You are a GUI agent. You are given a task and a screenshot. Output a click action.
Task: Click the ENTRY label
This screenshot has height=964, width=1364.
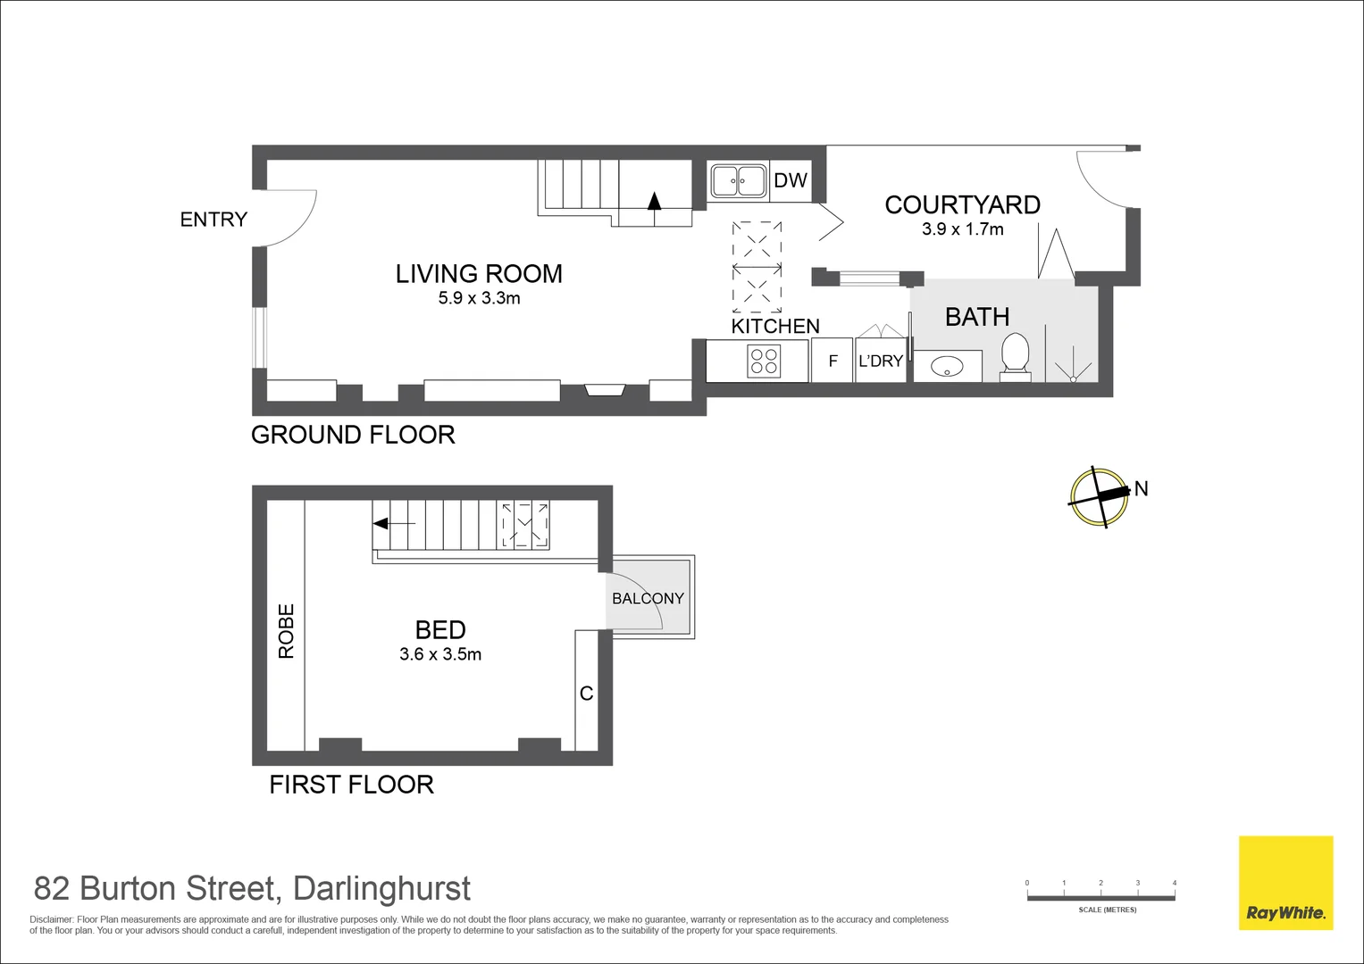point(213,220)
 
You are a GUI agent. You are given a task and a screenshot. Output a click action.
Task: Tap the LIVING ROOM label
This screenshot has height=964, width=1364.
point(479,274)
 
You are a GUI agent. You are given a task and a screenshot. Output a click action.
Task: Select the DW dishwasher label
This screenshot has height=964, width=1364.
point(791,180)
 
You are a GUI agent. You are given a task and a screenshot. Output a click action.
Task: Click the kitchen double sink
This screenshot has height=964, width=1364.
point(738,180)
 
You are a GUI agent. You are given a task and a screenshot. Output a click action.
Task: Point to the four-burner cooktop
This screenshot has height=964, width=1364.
point(765,361)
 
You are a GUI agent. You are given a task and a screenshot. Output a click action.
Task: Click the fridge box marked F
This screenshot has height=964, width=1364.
point(833,361)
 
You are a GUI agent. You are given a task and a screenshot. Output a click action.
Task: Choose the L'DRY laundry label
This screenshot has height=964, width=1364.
point(881,361)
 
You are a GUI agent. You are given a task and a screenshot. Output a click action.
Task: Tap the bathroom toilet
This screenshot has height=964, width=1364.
point(1015,355)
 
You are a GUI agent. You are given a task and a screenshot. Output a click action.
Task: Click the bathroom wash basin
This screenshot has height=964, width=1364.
point(946,365)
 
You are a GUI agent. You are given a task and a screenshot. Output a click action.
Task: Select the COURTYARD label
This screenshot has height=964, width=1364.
point(962,205)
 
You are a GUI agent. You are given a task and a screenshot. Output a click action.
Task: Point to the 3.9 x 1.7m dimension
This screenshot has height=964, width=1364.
point(962,229)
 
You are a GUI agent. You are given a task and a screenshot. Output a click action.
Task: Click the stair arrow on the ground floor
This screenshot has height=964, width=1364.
point(654,201)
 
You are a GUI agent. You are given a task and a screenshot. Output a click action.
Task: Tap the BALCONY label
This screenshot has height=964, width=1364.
point(648,598)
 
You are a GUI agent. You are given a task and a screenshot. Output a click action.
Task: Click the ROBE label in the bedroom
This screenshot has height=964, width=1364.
point(287,631)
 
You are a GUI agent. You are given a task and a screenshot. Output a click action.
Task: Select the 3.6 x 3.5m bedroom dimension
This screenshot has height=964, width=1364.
point(440,654)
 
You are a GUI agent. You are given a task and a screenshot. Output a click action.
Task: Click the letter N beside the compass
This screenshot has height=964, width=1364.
point(1141,488)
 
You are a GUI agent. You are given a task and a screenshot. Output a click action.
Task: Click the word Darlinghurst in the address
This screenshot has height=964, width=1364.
point(381,889)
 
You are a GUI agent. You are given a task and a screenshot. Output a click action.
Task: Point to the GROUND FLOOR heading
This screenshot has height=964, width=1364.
point(353,435)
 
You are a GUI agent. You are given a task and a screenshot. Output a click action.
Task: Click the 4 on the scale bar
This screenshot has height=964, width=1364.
point(1175,883)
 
